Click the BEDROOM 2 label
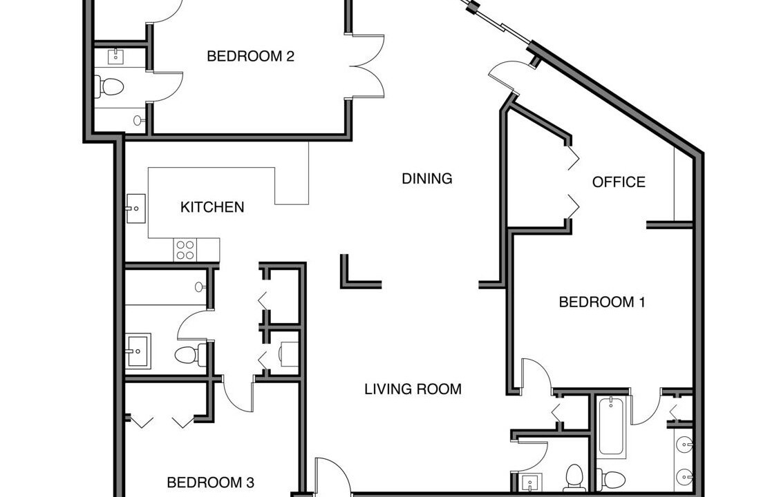pos(250,56)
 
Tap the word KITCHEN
pos(212,207)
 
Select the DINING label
pos(427,178)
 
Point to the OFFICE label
pos(619,182)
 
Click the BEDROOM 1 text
pos(602,302)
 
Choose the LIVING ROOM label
pos(413,389)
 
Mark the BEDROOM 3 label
pos(210,483)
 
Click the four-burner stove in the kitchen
pos(185,250)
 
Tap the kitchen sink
pos(136,208)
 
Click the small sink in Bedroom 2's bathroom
pos(115,57)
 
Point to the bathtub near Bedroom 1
pos(612,427)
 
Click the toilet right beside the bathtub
pos(610,480)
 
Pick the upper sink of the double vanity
pos(684,444)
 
